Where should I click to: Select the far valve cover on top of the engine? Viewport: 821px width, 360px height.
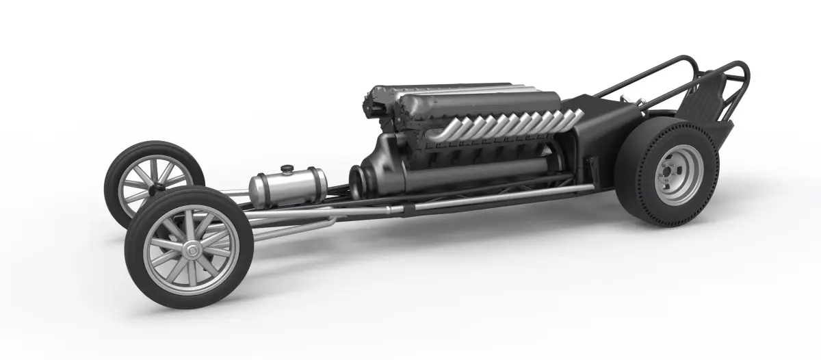point(438,89)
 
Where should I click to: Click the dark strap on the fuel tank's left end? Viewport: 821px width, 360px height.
point(255,190)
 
